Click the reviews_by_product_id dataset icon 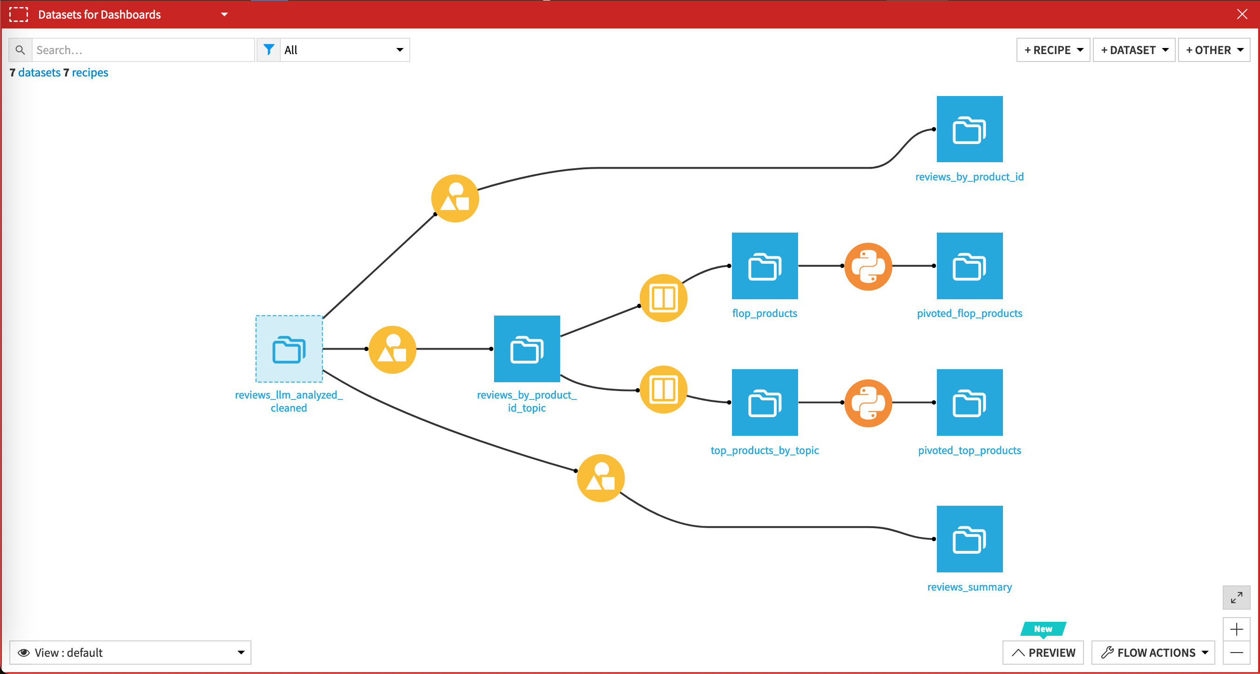pyautogui.click(x=969, y=129)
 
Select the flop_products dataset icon pyautogui.click(x=765, y=266)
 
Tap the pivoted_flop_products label pyautogui.click(x=969, y=313)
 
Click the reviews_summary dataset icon pyautogui.click(x=969, y=538)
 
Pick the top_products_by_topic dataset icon pyautogui.click(x=765, y=402)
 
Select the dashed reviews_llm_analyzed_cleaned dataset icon pyautogui.click(x=289, y=349)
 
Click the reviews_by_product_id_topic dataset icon pyautogui.click(x=527, y=349)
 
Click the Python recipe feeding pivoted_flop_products pyautogui.click(x=868, y=266)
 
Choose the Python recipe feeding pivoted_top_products pyautogui.click(x=868, y=403)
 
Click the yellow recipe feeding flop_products pyautogui.click(x=663, y=297)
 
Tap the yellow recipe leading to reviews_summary pyautogui.click(x=600, y=478)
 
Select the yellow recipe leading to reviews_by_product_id pyautogui.click(x=454, y=198)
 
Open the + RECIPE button pyautogui.click(x=1053, y=50)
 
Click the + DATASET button pyautogui.click(x=1133, y=50)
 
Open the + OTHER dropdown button pyautogui.click(x=1213, y=50)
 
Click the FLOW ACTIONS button pyautogui.click(x=1153, y=653)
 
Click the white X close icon pyautogui.click(x=1242, y=14)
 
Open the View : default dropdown pyautogui.click(x=130, y=653)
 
